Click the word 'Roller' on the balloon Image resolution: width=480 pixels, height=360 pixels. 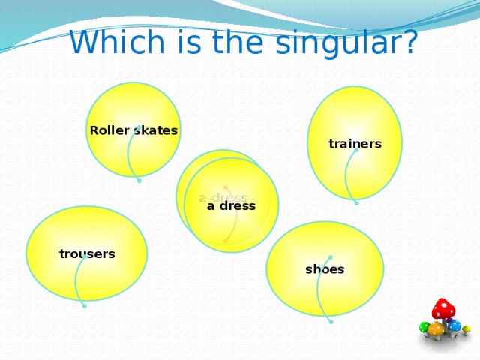(x=109, y=131)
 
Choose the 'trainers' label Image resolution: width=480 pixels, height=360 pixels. (x=355, y=144)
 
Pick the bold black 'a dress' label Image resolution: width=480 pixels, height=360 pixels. (x=231, y=205)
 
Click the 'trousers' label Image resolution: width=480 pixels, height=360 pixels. (x=87, y=253)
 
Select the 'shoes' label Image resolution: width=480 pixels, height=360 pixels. (x=325, y=269)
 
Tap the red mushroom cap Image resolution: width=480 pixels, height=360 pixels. (x=443, y=307)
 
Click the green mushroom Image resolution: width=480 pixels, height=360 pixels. (x=424, y=327)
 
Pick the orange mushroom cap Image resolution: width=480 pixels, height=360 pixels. (x=436, y=328)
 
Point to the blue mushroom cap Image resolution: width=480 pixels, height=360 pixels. (x=454, y=325)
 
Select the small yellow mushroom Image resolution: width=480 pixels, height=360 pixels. (x=466, y=328)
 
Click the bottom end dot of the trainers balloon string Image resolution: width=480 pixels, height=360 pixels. (x=356, y=202)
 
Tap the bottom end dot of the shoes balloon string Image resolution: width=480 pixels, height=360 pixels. (x=331, y=321)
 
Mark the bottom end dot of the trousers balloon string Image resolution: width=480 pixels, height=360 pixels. (x=84, y=306)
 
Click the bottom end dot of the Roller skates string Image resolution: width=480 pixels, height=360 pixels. (x=139, y=180)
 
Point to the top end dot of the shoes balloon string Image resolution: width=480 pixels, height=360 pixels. (x=330, y=257)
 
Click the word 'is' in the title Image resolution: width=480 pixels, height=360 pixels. (x=184, y=43)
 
